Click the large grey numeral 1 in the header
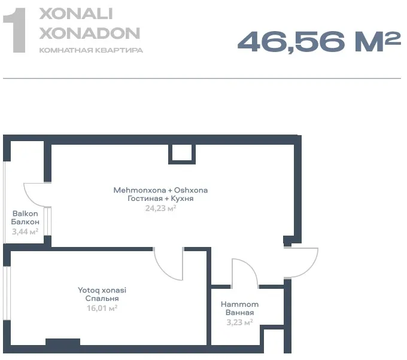[14, 30]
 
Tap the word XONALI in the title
[76, 14]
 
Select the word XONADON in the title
[90, 33]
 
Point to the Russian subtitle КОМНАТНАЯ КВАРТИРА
[91, 50]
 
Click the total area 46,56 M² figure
[319, 42]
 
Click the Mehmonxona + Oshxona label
[160, 190]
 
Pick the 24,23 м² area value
[160, 208]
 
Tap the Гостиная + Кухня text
[160, 199]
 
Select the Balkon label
[25, 213]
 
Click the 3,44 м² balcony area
[25, 231]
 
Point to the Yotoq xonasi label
[102, 290]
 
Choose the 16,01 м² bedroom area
[102, 308]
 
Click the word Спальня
[102, 298]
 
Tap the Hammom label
[239, 304]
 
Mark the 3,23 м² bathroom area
[239, 322]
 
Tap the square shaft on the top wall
[182, 154]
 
